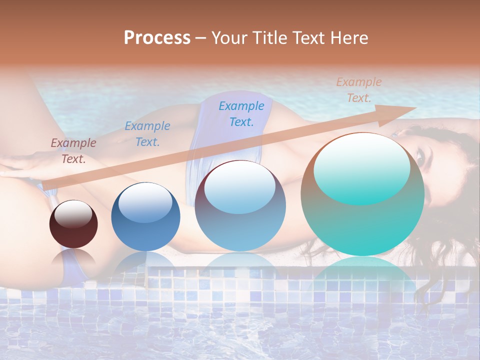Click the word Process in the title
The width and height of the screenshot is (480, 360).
(x=157, y=38)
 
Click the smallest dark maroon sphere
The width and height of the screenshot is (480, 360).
(x=73, y=224)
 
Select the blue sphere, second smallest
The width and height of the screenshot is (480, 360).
(x=145, y=216)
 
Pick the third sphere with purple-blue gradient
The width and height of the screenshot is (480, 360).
(x=240, y=206)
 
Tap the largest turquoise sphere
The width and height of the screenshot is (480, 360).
(x=362, y=194)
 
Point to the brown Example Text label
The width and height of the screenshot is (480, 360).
(x=73, y=150)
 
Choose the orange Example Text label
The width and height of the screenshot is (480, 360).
(x=359, y=89)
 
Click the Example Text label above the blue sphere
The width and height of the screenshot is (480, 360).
(x=147, y=133)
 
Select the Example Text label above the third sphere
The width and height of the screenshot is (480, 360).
(x=241, y=113)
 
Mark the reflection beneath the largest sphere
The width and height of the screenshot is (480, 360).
(x=362, y=272)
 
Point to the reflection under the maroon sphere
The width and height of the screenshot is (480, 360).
(x=73, y=257)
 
